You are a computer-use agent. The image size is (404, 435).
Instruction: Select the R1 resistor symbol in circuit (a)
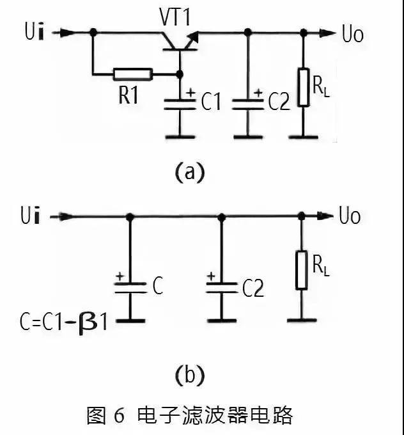click(x=133, y=74)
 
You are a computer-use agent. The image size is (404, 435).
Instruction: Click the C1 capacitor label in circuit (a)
click(x=210, y=102)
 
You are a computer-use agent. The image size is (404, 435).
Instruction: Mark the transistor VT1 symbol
click(x=177, y=42)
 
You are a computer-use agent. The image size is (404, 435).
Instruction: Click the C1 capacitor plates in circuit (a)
click(x=178, y=104)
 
